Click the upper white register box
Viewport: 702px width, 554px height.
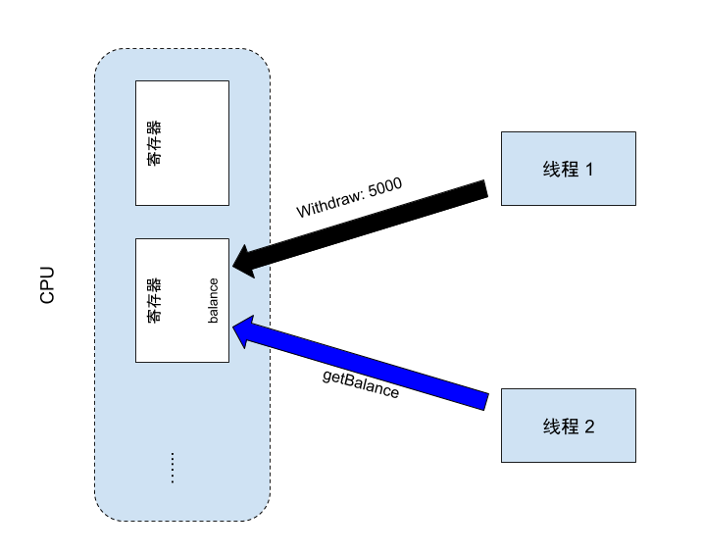182,143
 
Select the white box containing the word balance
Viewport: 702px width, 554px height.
182,300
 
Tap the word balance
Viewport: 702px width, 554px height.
213,300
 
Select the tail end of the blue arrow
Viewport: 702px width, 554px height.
482,399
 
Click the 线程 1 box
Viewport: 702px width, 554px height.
569,169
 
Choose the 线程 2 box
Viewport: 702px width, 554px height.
569,426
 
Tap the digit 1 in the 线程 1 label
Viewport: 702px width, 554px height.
589,169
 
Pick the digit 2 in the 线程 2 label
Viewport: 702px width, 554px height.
589,427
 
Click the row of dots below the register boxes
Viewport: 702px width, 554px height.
172,468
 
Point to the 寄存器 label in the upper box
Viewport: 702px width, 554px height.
154,143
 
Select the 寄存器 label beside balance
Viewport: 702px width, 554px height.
154,300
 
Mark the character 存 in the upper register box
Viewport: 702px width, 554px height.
154,143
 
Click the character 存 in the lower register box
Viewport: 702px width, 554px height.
154,300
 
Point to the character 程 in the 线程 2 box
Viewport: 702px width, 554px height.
570,427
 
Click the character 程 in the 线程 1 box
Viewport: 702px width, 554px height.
570,169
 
